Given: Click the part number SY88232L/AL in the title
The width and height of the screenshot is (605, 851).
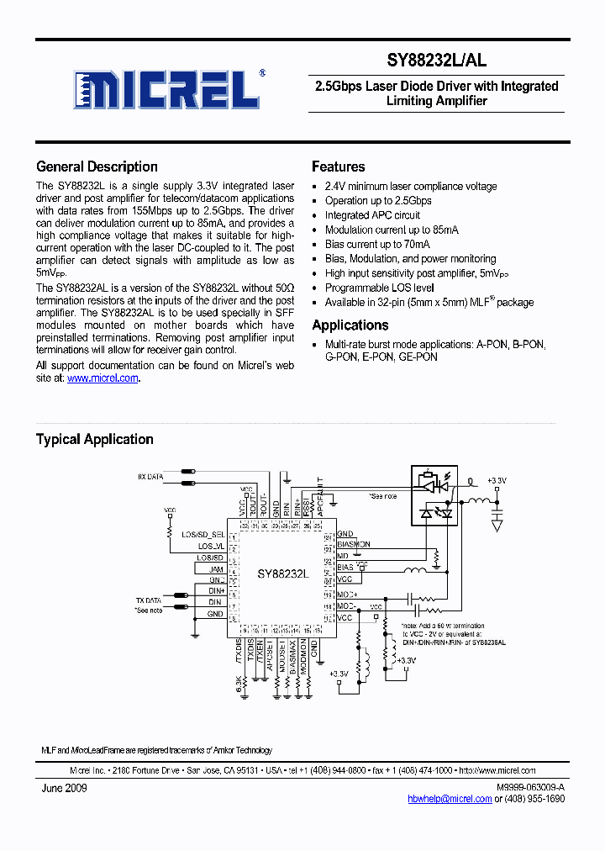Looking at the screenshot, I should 436,61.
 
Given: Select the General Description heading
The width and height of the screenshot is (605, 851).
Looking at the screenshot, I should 97,166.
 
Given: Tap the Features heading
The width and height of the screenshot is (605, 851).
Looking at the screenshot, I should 338,166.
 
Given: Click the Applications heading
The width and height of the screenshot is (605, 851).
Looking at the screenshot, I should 350,325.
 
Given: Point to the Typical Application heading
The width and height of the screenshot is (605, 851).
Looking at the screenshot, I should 94,439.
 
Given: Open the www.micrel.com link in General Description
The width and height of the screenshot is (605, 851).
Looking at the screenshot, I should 103,378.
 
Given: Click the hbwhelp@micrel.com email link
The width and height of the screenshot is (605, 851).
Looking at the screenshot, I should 450,799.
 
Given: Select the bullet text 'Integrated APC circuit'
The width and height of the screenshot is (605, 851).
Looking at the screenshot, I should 372,215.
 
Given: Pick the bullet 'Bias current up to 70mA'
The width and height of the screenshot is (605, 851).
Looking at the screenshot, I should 376,245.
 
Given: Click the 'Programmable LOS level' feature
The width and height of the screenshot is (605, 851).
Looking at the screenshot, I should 379,288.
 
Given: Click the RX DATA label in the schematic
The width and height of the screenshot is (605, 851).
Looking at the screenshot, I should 151,477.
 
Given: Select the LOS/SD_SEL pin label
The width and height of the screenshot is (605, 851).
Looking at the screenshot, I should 203,534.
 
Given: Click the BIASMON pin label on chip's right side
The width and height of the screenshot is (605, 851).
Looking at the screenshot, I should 353,545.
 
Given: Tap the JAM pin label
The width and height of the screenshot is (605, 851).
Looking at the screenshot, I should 217,568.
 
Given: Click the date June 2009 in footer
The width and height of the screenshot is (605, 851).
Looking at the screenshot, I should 64,788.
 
